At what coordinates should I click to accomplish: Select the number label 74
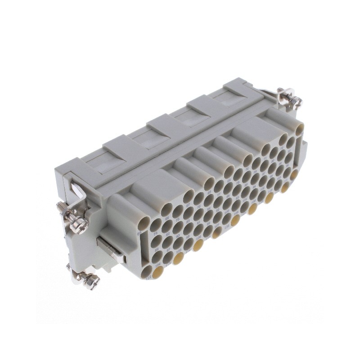click(x=155, y=234)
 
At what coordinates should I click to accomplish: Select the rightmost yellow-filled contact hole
click(x=294, y=175)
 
